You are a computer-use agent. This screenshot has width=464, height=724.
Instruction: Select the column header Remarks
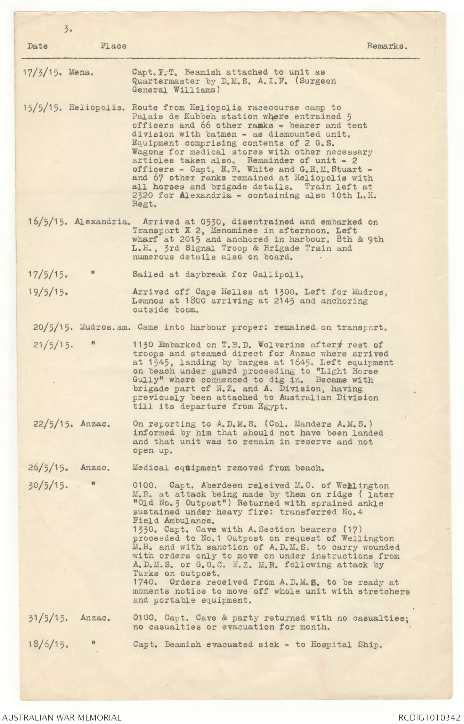pos(388,46)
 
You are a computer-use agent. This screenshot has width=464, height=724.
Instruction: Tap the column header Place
pos(113,46)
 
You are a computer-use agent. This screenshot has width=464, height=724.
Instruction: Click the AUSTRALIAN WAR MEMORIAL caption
pos(62,717)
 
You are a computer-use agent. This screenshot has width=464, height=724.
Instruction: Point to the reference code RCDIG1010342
pos(429,717)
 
